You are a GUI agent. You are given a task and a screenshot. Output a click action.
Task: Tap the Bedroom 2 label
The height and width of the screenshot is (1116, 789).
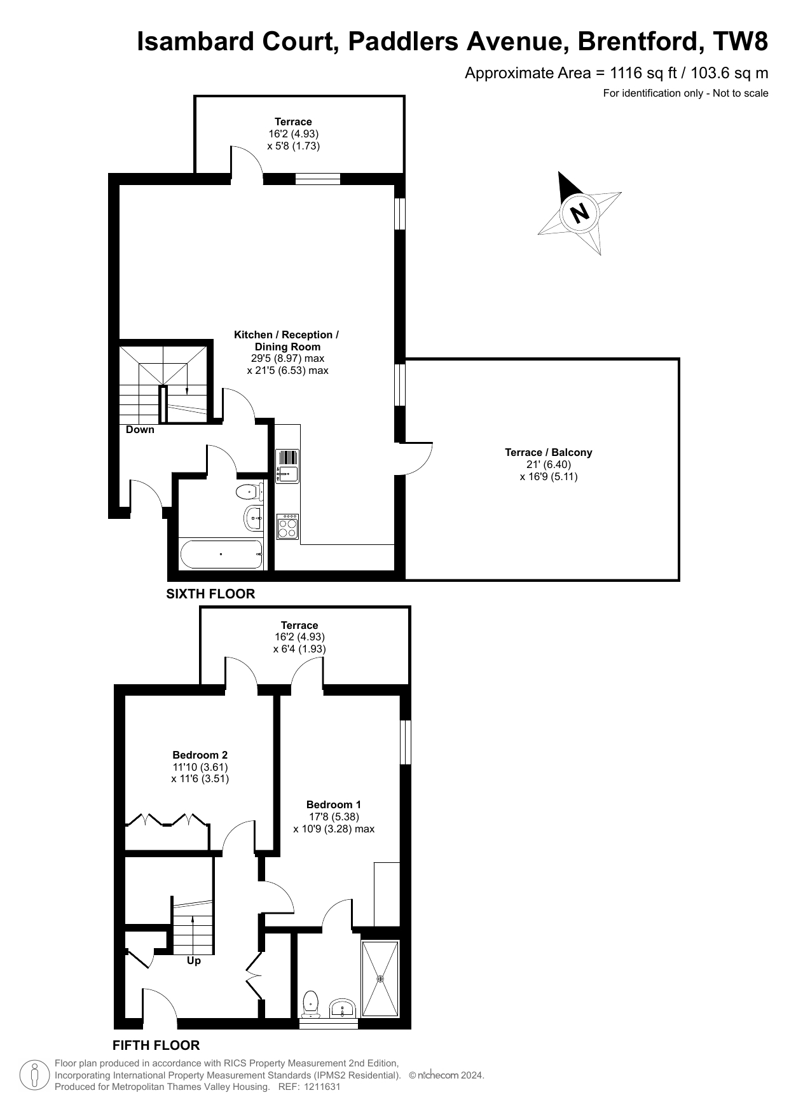(x=200, y=755)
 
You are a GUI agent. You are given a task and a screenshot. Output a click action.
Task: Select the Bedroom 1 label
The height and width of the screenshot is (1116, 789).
(x=334, y=804)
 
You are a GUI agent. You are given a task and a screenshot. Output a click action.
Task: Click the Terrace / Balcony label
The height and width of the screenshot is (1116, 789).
(x=549, y=452)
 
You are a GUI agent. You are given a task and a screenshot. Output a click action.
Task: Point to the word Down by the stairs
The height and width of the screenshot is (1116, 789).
(x=140, y=429)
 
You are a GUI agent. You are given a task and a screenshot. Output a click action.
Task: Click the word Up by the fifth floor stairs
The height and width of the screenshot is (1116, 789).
(x=194, y=960)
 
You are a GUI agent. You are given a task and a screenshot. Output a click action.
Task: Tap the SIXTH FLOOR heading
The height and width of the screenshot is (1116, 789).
(x=210, y=594)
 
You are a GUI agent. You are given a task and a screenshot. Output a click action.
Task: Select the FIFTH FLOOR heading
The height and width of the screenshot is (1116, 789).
(x=156, y=1045)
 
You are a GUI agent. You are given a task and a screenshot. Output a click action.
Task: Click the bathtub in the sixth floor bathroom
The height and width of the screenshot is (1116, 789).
(x=221, y=554)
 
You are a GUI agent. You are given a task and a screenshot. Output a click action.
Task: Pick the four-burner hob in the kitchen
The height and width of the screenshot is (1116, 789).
(x=287, y=527)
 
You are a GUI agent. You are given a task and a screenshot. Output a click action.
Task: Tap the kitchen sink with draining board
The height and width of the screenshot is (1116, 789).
(x=287, y=466)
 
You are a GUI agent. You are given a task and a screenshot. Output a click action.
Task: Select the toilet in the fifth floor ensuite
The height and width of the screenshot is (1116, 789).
(x=310, y=1003)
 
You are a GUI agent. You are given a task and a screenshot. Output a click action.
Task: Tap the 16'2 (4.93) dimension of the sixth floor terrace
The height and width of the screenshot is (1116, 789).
(x=294, y=134)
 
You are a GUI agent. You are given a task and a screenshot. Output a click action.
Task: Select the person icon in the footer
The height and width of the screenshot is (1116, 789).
(x=36, y=1075)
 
